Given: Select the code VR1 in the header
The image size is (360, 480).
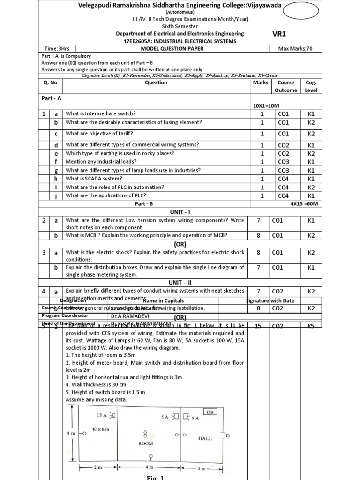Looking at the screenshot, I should [x=279, y=34].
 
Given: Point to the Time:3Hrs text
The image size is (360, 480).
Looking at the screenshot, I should [x=57, y=48].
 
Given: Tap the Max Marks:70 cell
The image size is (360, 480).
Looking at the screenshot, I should [x=295, y=48].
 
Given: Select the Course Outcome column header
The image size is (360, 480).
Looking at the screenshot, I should [x=285, y=86].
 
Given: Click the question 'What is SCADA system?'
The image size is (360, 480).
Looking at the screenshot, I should [x=94, y=179].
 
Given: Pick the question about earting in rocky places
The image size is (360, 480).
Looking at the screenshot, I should [x=120, y=153].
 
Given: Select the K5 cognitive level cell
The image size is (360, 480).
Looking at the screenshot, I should [x=311, y=325].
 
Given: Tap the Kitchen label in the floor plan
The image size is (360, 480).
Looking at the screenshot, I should [x=100, y=429].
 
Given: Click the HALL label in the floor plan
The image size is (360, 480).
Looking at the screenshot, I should [x=205, y=438].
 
